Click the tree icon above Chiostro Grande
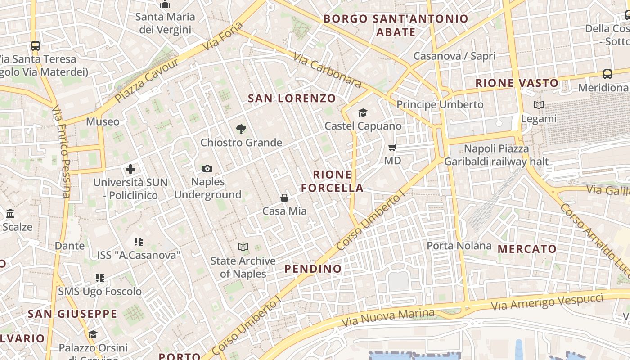[241, 129]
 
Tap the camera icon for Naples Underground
[207, 168]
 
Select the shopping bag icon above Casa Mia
[284, 198]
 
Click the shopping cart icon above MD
[392, 147]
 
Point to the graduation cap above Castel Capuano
[363, 112]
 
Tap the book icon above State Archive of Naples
[243, 247]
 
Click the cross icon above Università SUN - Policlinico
[130, 169]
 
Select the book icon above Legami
[538, 105]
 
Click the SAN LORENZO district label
[292, 98]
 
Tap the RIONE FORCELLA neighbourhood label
[332, 181]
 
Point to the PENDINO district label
[313, 269]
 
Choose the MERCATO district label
[527, 249]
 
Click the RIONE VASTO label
[517, 83]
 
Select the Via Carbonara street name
[327, 71]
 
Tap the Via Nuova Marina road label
[388, 318]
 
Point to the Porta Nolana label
[459, 246]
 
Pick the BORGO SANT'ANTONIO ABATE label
[396, 25]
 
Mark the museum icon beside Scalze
[10, 213]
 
